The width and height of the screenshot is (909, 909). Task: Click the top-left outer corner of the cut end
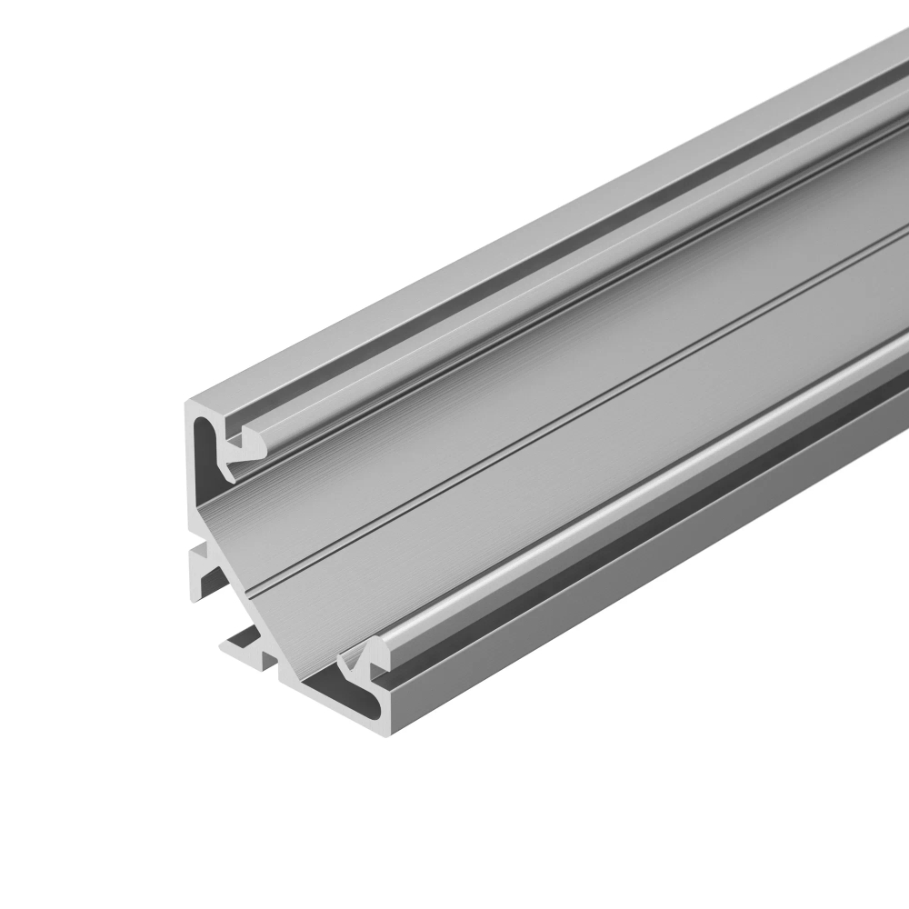coord(188,403)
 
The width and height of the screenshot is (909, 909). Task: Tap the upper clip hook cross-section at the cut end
coord(241,452)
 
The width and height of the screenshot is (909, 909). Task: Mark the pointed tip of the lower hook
coord(340,657)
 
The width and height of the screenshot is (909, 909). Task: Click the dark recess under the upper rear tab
coord(211,582)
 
